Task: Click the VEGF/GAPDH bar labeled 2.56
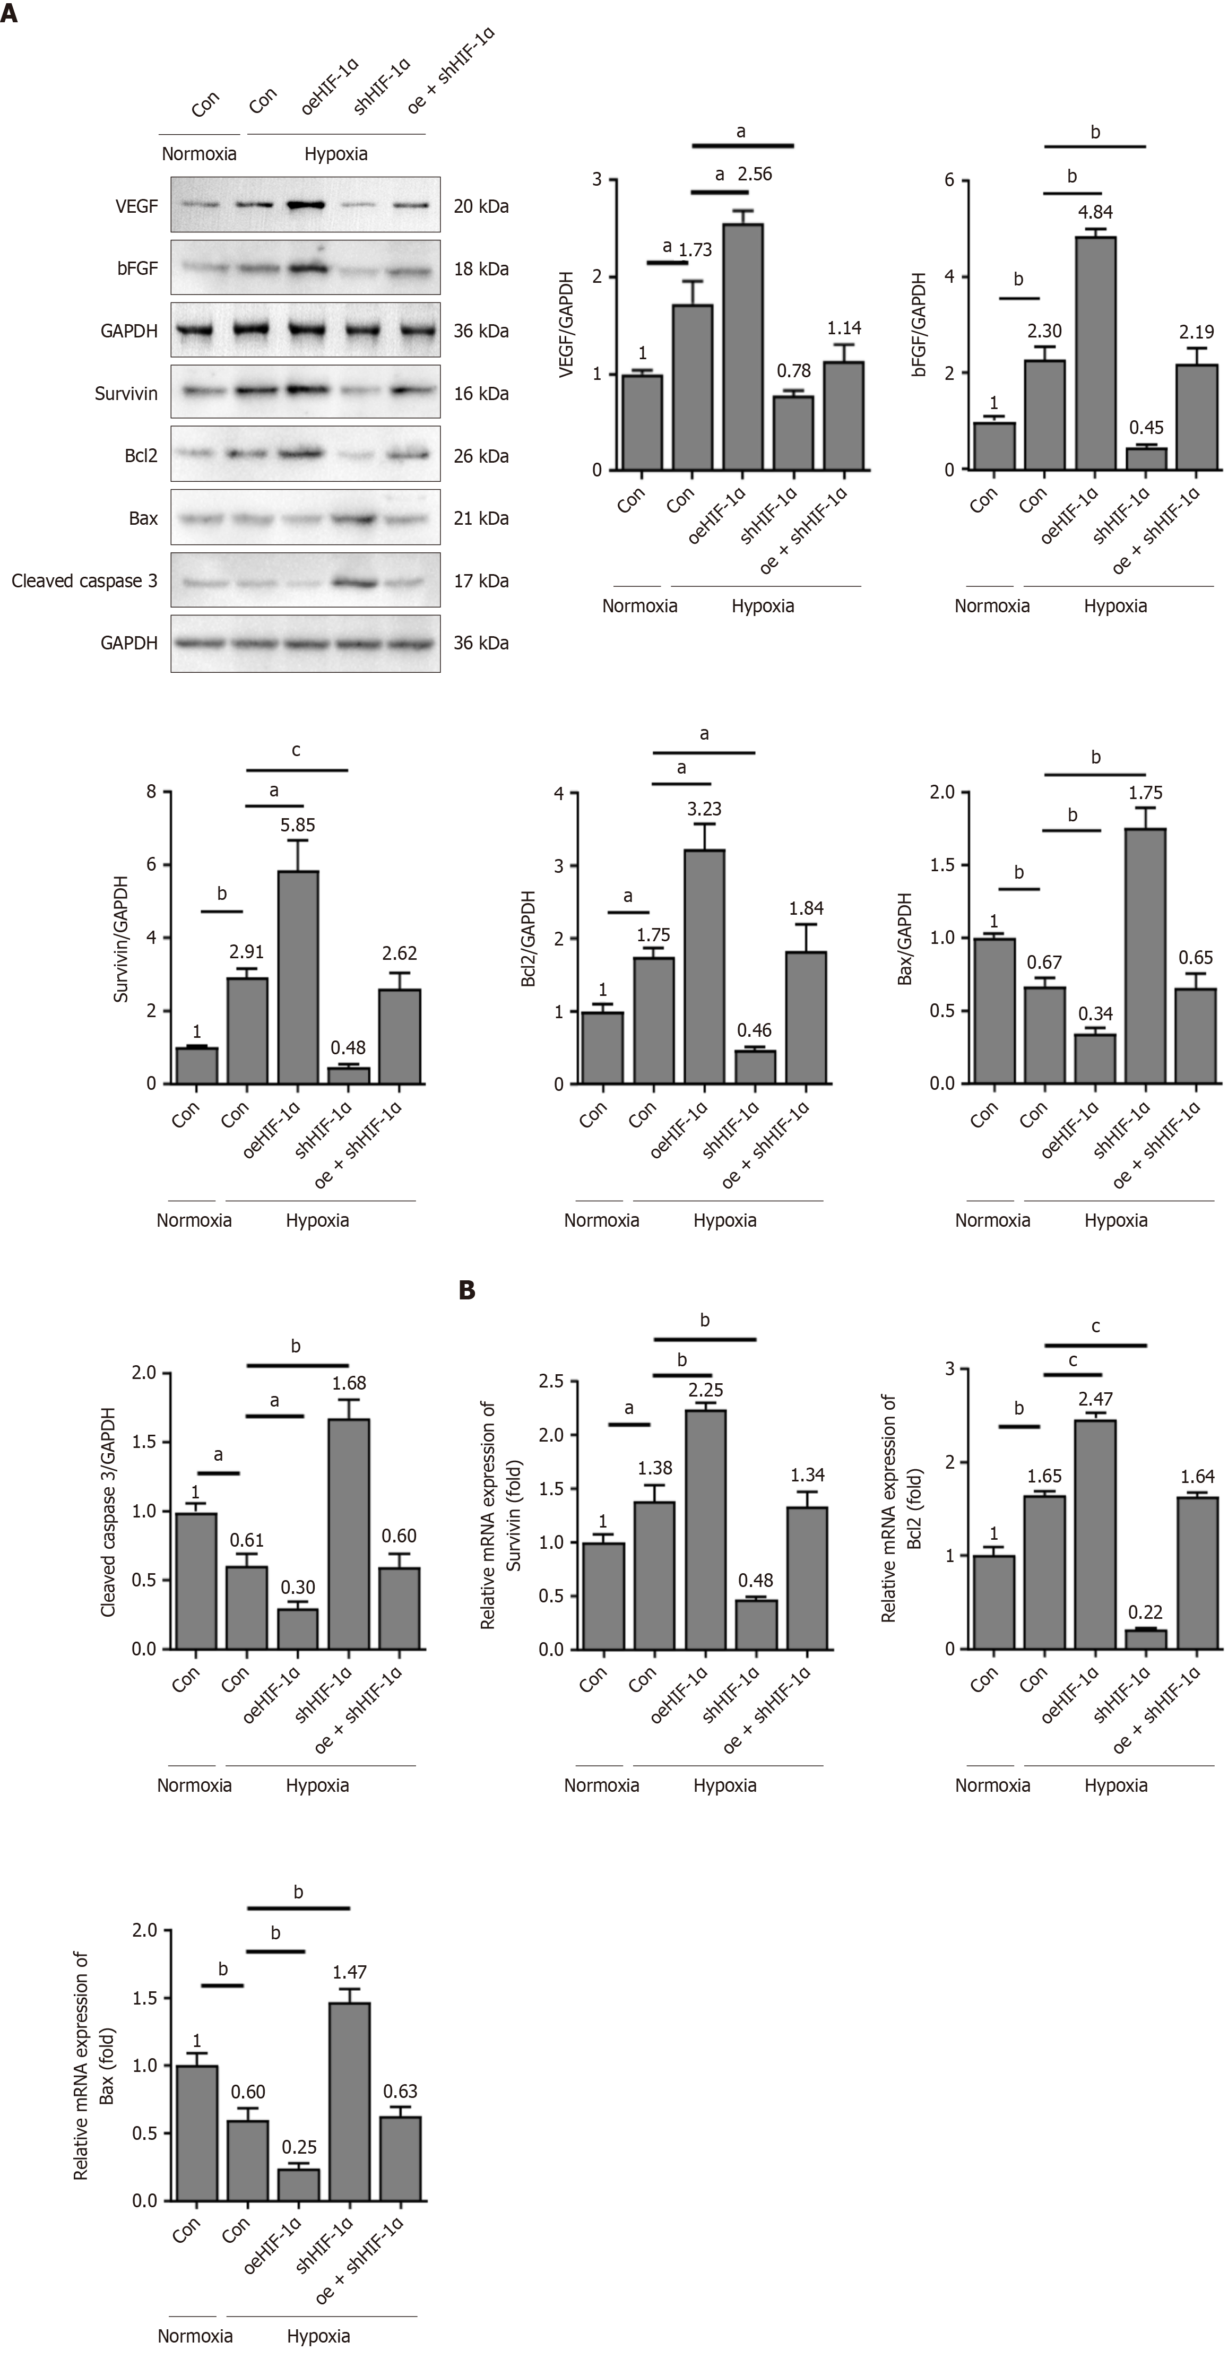click(742, 348)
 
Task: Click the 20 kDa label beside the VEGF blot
click(481, 207)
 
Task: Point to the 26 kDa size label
click(481, 456)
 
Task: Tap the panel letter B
click(467, 1290)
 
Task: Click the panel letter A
click(9, 15)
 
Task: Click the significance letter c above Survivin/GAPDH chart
click(296, 751)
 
